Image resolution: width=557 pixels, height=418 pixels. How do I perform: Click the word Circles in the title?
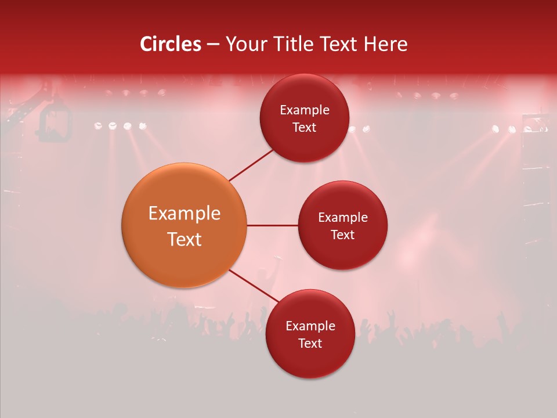[171, 44]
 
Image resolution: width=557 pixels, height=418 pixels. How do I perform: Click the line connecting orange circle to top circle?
[251, 165]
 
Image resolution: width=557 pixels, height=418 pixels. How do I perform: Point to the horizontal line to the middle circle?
[272, 225]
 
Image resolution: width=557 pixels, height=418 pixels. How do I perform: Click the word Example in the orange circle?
[184, 214]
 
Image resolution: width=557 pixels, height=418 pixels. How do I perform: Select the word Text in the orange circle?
[184, 239]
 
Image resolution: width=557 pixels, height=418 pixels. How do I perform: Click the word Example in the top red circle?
[304, 110]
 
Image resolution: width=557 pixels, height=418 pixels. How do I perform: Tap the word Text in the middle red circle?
[342, 235]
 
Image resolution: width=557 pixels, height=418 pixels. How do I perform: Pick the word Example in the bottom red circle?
[310, 326]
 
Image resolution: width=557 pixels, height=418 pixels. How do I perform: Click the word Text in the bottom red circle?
[310, 344]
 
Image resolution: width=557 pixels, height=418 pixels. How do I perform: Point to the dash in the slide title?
[212, 44]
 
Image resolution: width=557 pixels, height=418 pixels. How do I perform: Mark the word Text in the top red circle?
[304, 128]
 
